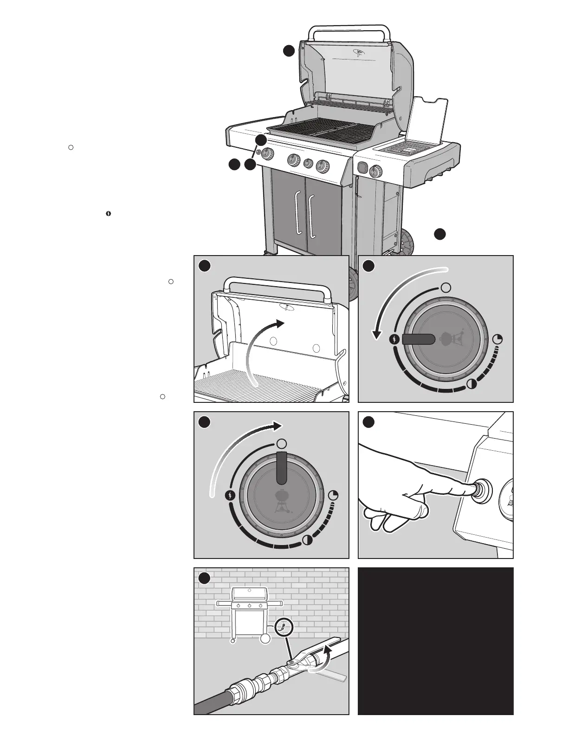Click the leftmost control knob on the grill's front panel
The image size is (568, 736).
(267, 154)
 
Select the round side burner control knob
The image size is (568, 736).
(374, 171)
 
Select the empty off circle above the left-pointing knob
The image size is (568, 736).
(445, 287)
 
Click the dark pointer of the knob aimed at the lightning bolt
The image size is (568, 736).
(418, 340)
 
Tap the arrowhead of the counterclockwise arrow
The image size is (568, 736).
(377, 334)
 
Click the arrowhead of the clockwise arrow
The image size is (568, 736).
(277, 426)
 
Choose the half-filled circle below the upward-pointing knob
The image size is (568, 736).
(307, 540)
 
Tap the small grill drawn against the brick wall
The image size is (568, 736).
(250, 613)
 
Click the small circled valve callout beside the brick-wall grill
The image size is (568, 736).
(283, 627)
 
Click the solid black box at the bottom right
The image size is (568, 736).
(435, 641)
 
